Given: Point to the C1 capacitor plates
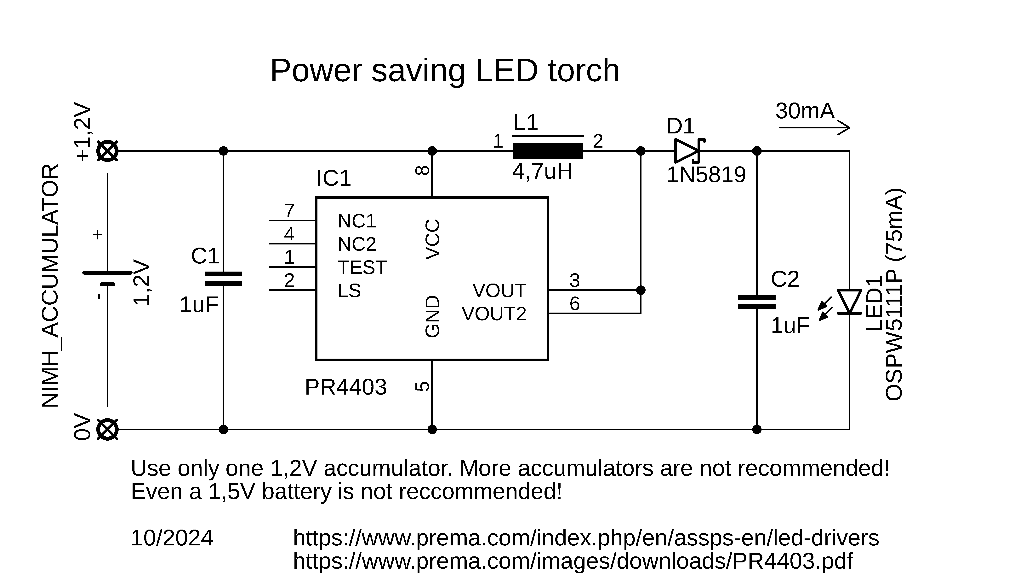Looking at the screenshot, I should pos(223,279).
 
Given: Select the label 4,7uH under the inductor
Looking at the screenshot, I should pos(542,172).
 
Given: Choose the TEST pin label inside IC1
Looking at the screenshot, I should pos(362,267).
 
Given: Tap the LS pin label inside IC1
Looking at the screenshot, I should pos(349,291).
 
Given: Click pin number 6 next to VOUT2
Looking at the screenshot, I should pos(575,304).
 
